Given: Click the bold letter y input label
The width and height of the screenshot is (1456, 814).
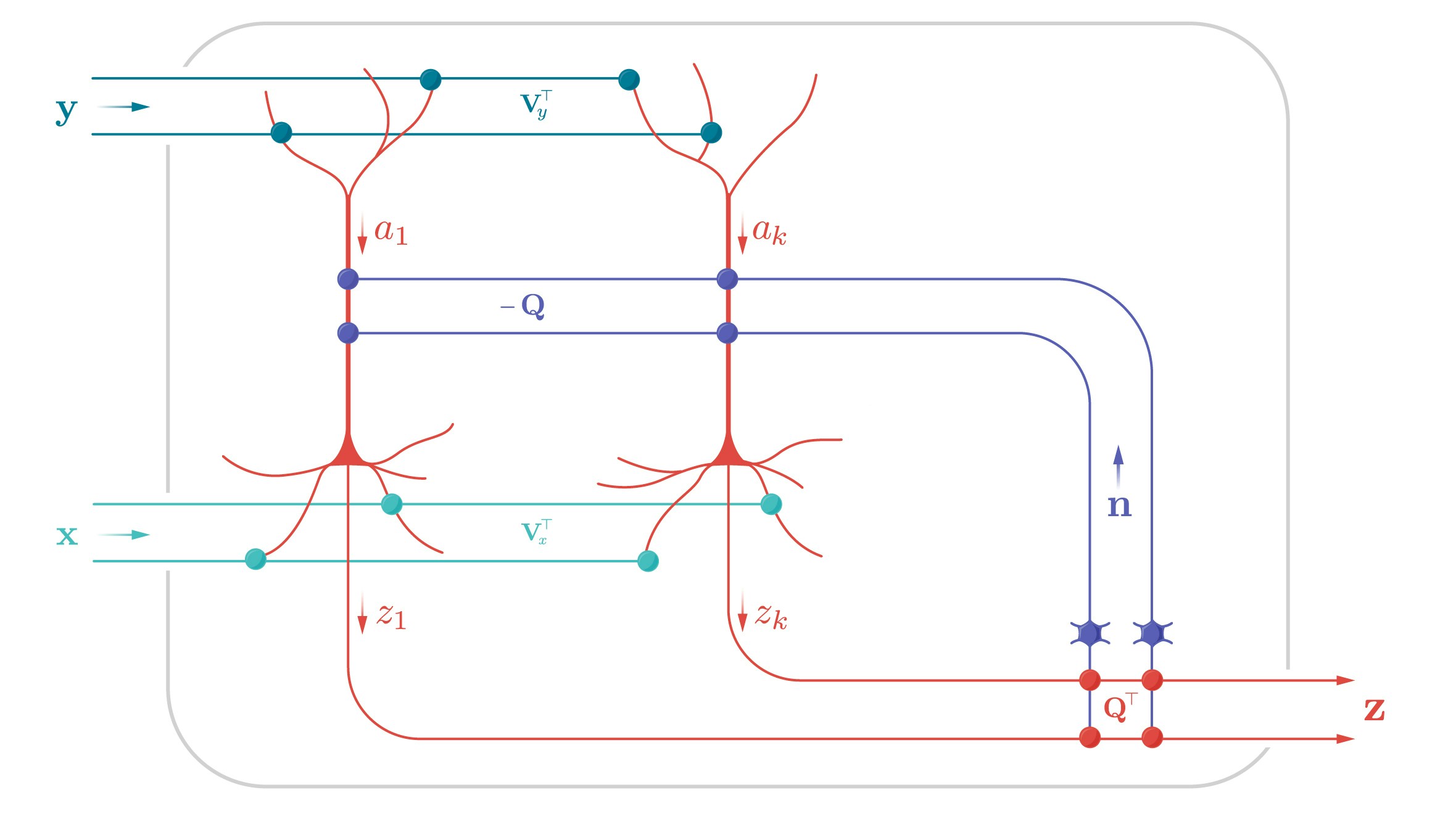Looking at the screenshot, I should click(66, 111).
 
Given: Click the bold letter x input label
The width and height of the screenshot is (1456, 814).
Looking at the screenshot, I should click(67, 535).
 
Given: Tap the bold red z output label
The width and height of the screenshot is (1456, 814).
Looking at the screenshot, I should click(1375, 709).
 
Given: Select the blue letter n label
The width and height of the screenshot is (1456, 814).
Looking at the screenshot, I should click(1119, 506).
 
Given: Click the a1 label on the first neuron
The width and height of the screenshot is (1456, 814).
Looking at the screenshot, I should click(391, 232).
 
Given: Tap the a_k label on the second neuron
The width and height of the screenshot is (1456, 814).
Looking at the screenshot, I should click(769, 232).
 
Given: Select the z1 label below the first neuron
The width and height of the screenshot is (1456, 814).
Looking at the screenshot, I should click(391, 615).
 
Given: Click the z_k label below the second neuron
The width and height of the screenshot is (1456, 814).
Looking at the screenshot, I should click(771, 615).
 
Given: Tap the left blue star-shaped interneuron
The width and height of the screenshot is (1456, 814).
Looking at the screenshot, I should click(1090, 633).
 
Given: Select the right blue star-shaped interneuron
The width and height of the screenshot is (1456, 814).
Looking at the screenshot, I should click(1152, 633).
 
